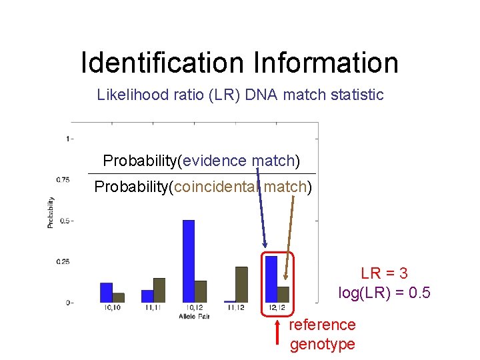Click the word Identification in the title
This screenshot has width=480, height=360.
[163, 63]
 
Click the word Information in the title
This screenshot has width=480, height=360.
[325, 63]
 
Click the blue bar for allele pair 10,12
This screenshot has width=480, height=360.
[188, 261]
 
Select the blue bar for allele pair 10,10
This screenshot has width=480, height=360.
[106, 292]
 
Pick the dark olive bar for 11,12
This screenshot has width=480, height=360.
[241, 284]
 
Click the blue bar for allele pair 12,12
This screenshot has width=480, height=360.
[271, 279]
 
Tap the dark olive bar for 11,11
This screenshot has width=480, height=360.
[159, 289]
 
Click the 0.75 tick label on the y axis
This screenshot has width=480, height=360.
[62, 179]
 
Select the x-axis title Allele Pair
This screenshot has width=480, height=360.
[193, 315]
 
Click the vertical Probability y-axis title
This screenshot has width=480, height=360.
[51, 213]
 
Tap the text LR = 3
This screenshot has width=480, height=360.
[384, 273]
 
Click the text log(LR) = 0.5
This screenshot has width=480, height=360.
[384, 293]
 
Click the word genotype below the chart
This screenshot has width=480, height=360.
[322, 344]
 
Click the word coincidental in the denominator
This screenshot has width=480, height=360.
[217, 187]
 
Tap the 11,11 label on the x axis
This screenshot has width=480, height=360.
[153, 307]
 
